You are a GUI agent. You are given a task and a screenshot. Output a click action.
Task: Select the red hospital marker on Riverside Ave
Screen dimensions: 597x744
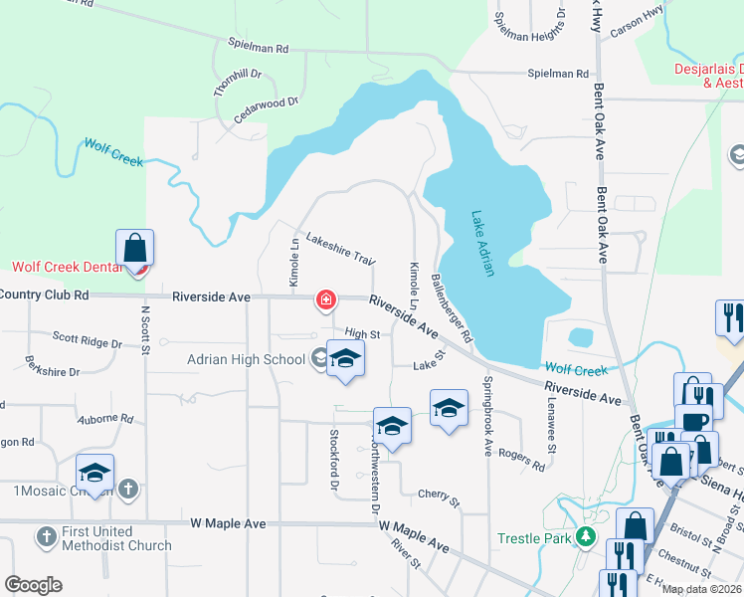click(x=325, y=298)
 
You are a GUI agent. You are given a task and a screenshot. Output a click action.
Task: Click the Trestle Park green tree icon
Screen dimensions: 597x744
click(x=586, y=538)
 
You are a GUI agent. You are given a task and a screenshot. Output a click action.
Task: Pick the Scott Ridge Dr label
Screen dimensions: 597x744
click(x=87, y=340)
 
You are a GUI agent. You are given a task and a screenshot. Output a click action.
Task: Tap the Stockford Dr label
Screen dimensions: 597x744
click(x=334, y=454)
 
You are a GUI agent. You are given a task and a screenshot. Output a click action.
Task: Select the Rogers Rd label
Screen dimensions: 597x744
click(x=525, y=459)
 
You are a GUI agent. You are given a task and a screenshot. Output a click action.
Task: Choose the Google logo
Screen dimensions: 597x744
click(x=33, y=585)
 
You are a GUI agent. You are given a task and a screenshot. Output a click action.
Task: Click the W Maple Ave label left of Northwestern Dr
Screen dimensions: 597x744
click(x=228, y=523)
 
